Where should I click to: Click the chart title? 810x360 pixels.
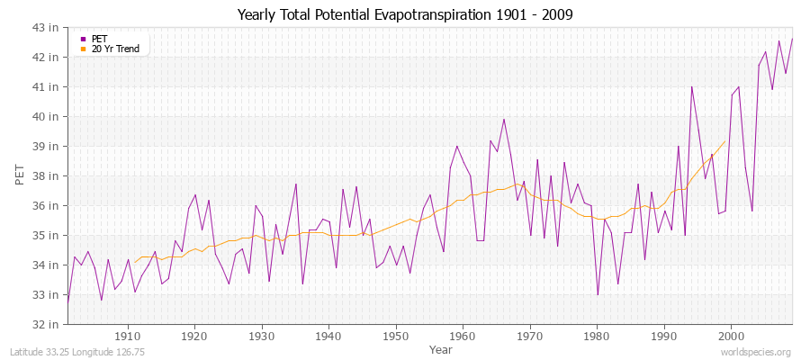[x=404, y=14]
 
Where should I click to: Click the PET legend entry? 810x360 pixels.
[x=99, y=39]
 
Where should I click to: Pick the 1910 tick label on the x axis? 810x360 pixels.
[x=127, y=336]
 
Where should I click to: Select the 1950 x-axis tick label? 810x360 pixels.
[x=395, y=336]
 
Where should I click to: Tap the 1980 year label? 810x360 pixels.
[x=597, y=336]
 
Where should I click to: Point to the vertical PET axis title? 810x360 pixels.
[x=20, y=175]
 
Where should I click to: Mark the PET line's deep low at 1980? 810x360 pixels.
[x=598, y=294]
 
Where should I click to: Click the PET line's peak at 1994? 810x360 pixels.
[x=691, y=87]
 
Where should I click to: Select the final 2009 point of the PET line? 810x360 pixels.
[x=792, y=39]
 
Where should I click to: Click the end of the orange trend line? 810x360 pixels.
[x=724, y=140]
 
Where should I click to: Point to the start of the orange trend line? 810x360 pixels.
[x=135, y=263]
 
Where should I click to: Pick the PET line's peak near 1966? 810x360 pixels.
[x=504, y=119]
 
